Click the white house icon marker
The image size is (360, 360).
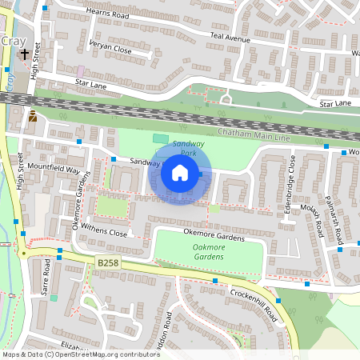pyautogui.click(x=180, y=172)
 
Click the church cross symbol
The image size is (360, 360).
pyautogui.click(x=25, y=55)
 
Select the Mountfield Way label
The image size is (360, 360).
pyautogui.click(x=54, y=170)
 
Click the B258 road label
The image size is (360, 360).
pyautogui.click(x=108, y=262)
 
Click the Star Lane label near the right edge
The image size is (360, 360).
pyautogui.click(x=335, y=103)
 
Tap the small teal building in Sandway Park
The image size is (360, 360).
pyautogui.click(x=161, y=140)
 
